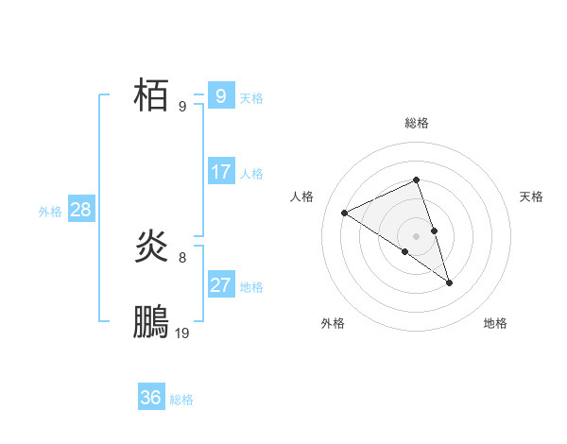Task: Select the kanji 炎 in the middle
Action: tap(151, 247)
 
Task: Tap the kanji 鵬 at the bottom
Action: tap(151, 323)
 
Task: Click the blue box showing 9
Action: tap(221, 95)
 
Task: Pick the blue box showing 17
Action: tap(221, 172)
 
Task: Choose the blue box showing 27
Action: tap(221, 285)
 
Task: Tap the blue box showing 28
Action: tap(80, 210)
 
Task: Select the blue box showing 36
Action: tap(151, 398)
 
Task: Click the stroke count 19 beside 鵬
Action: tap(182, 333)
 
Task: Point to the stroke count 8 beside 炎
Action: tap(182, 257)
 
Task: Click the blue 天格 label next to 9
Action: tap(251, 97)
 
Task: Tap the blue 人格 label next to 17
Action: tap(251, 174)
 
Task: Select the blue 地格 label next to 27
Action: tap(251, 287)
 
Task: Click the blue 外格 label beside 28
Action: tap(50, 212)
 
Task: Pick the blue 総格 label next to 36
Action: tap(181, 400)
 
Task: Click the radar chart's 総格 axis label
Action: tap(416, 123)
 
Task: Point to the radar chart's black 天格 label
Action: tap(532, 196)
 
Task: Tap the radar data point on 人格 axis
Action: tap(345, 213)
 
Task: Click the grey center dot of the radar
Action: tap(416, 235)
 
